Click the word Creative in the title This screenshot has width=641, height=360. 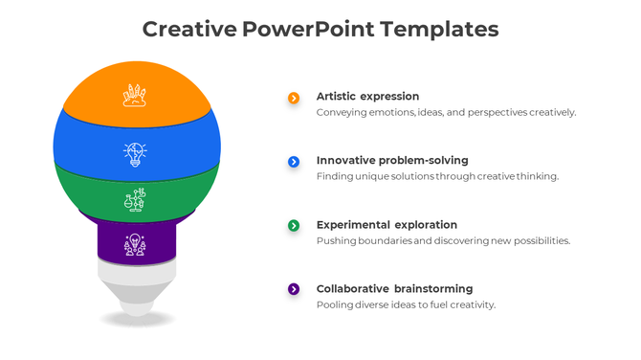pos(188,29)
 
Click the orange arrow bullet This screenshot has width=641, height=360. pos(294,98)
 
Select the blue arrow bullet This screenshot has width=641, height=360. pos(294,162)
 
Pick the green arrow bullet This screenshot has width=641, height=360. pos(294,225)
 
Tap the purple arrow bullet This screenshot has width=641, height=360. pos(294,289)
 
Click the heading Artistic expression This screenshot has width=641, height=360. pos(367,97)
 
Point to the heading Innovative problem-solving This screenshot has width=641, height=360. pos(392,161)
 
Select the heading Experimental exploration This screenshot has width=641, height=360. pos(387,225)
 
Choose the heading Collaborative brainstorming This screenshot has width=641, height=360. pos(394,289)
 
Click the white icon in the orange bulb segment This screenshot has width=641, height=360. pos(135,95)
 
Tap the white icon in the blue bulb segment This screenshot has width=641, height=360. pos(135,153)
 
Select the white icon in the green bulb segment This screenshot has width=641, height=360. pos(135,200)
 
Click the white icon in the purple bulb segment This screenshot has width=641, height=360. pos(135,244)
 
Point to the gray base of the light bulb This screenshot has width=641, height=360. pos(138,287)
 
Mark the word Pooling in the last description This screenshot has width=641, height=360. pos(335,305)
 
